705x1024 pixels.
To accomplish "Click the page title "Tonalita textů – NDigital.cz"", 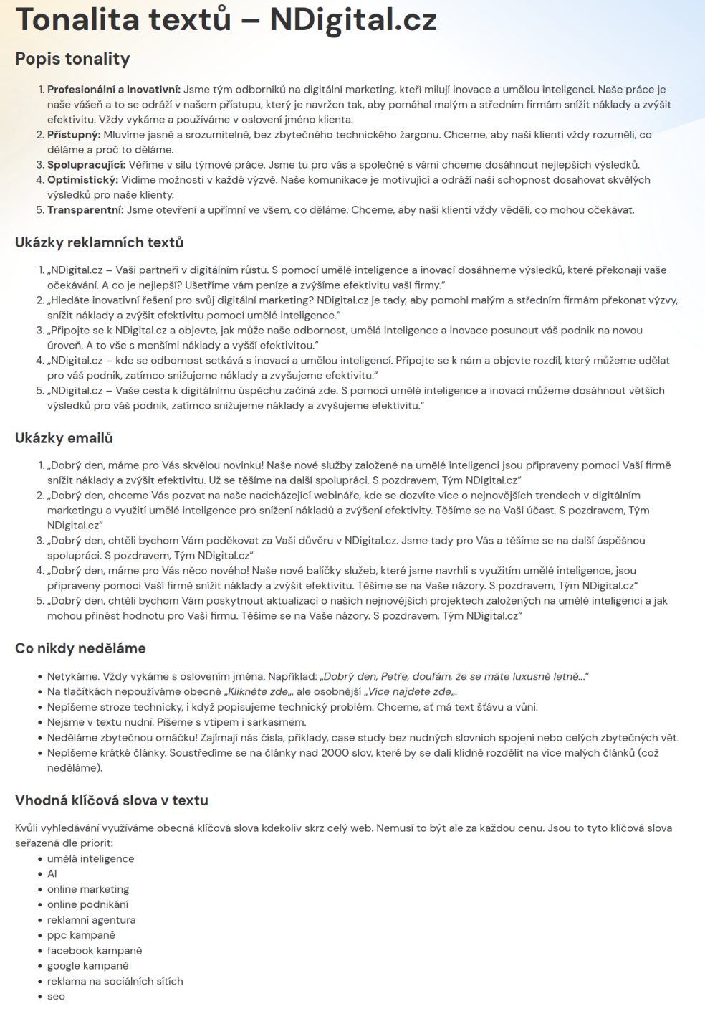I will [226, 20].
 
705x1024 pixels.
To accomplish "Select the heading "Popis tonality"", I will [72, 59].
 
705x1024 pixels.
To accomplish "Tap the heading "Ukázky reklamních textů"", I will [99, 242].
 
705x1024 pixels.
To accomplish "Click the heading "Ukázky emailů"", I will [64, 438].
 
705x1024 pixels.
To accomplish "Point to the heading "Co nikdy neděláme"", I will [80, 648].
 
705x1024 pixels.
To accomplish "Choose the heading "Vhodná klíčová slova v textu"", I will [111, 800].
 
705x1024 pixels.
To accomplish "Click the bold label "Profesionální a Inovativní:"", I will [114, 90].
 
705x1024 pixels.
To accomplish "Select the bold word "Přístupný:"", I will [74, 135].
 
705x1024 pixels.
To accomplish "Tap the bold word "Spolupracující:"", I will [86, 165].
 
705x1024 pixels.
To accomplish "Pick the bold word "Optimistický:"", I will [82, 180].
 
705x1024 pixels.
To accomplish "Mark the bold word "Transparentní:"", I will [85, 210].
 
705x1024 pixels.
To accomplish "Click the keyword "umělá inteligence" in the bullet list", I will [90, 858].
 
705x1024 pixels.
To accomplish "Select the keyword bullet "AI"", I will [52, 873].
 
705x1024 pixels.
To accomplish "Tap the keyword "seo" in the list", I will [56, 996].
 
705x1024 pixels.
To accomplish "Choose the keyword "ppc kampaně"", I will [81, 935].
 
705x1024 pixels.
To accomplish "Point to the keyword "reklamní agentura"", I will [91, 920].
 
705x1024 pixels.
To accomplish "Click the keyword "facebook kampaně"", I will [95, 950].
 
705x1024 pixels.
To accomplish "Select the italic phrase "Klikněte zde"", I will [257, 692].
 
